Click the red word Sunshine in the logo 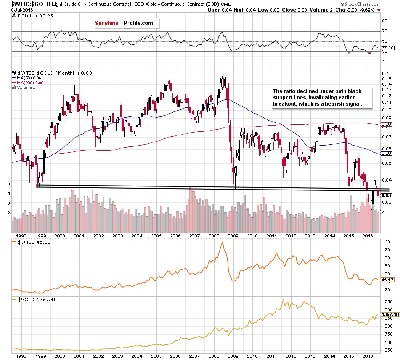click(x=107, y=23)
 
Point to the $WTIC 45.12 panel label click(x=29, y=242)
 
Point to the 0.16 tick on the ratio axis click(x=385, y=73)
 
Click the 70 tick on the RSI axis click(x=384, y=31)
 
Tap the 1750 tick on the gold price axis click(x=387, y=301)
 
